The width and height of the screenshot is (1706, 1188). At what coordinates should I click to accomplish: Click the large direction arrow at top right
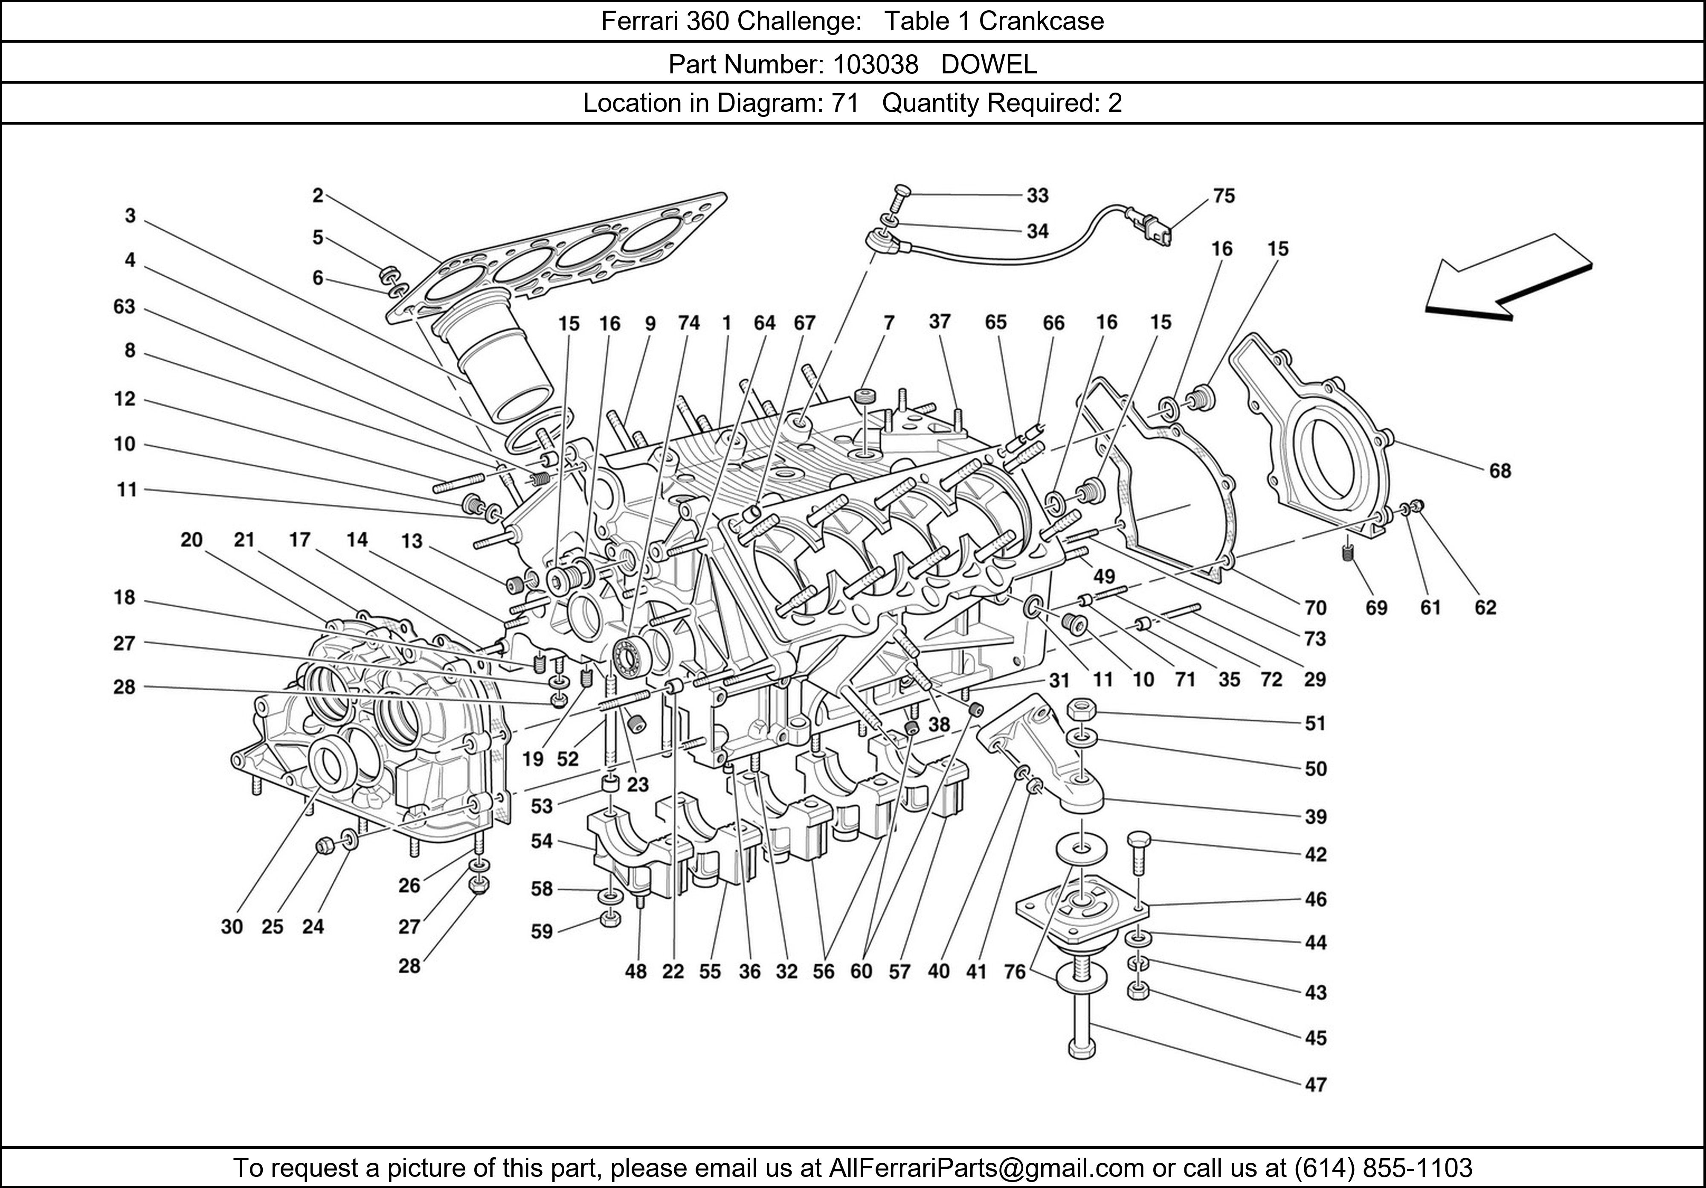[1509, 282]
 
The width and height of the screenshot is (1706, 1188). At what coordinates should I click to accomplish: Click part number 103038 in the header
[875, 65]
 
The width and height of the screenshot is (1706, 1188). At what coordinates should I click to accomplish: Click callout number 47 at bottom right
[1315, 1085]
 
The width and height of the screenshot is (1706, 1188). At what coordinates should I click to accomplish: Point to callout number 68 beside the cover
[1500, 471]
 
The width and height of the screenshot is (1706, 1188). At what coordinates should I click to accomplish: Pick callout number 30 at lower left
[232, 926]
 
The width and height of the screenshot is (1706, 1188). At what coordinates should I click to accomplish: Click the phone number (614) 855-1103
[1382, 1168]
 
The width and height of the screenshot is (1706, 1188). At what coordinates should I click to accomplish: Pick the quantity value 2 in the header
[1114, 102]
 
